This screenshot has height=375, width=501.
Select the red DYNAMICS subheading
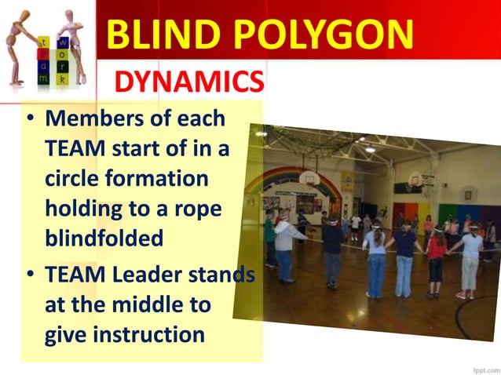point(189,81)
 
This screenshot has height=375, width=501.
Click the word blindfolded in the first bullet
point(104,238)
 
